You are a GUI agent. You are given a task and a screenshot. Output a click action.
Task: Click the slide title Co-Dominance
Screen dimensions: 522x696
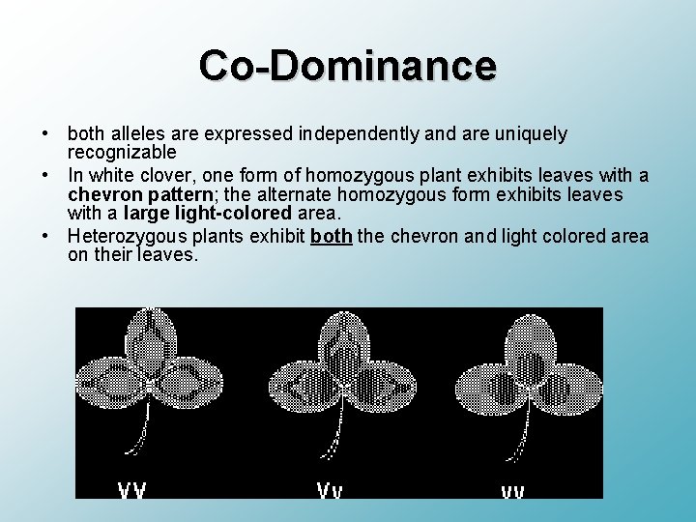click(348, 66)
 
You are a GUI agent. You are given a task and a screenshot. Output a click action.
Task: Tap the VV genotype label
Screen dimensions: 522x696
click(132, 489)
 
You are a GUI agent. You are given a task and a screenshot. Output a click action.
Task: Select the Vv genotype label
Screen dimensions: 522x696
click(329, 489)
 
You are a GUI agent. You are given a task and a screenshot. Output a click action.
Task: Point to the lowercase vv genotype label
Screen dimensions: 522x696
click(512, 491)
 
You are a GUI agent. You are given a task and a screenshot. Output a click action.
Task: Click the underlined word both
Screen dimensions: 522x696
click(332, 237)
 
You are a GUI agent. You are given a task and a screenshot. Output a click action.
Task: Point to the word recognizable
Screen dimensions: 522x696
click(122, 153)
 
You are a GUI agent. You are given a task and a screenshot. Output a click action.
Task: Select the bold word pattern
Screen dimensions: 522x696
click(179, 194)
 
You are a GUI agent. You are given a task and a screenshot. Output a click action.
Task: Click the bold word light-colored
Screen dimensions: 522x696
click(235, 213)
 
